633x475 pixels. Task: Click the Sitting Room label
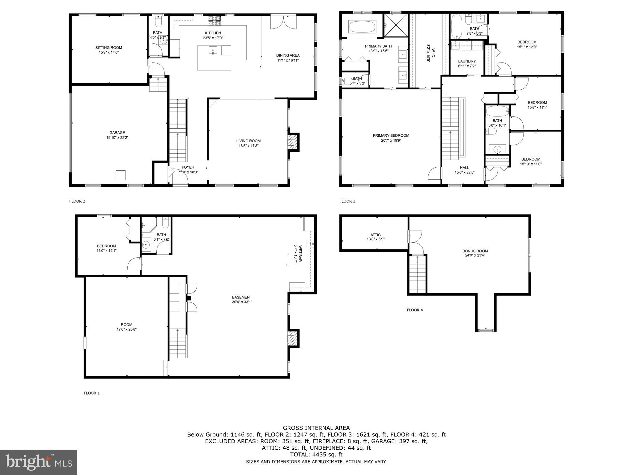click(108, 48)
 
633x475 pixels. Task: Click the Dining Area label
click(288, 55)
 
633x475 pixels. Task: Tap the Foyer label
click(188, 167)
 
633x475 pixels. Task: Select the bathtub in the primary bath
click(362, 27)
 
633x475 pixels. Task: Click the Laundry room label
click(467, 61)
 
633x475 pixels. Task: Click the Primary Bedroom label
click(391, 135)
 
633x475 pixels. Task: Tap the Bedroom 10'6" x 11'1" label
click(537, 103)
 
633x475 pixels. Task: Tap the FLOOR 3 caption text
click(347, 201)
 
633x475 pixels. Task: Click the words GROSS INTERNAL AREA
click(316, 428)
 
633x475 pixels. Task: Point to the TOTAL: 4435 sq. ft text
click(316, 455)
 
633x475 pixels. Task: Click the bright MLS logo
click(39, 462)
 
